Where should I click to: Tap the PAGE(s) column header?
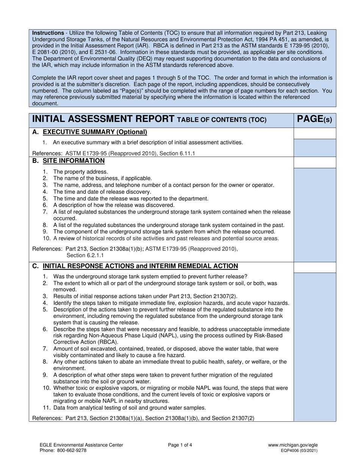(315, 119)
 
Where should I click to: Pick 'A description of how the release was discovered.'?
(114, 205)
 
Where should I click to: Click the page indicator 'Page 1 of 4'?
(180, 445)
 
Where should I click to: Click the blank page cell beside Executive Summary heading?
(315, 133)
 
